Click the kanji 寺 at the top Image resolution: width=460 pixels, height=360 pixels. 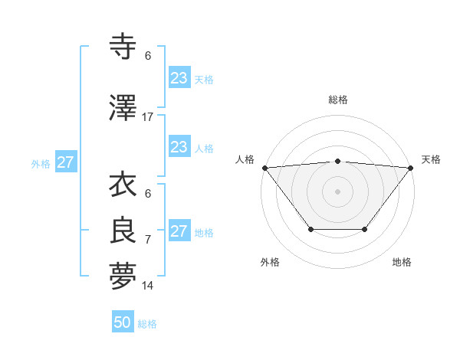point(123,47)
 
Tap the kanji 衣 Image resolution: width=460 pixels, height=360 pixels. point(123,185)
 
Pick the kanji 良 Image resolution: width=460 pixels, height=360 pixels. point(123,231)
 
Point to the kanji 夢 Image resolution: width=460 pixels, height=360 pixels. point(123,277)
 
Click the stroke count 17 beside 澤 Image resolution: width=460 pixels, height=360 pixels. point(148,116)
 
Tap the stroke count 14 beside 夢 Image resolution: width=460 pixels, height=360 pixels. point(148,286)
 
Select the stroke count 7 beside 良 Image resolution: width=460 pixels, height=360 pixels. point(148,239)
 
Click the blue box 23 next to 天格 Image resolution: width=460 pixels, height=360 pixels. point(179,77)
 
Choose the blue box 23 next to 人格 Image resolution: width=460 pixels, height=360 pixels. point(179,147)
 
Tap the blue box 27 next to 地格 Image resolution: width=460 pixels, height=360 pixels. point(179,231)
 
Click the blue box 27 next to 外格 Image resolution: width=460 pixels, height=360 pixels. point(66,162)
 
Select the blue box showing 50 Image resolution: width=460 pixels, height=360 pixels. point(123,322)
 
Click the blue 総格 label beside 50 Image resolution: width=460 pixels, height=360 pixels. point(147,324)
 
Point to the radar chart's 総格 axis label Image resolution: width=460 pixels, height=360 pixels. point(337,100)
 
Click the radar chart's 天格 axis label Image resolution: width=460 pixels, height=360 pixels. point(432,159)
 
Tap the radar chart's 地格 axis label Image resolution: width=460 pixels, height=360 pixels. point(402,262)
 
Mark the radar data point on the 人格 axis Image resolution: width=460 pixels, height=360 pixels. point(264,168)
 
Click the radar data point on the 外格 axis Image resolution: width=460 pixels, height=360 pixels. point(310,229)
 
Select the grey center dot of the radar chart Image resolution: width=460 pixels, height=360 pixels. point(337,191)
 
